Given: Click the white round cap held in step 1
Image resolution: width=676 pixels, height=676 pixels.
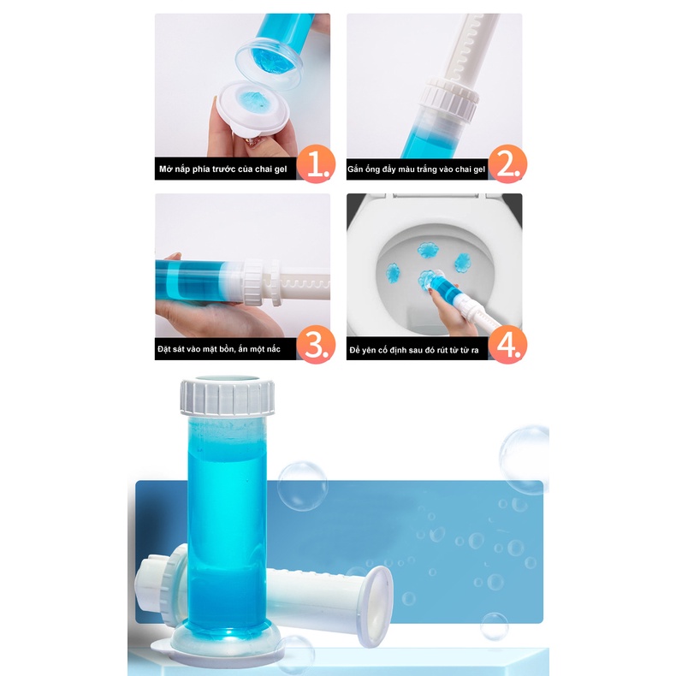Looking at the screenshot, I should click(247, 107).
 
